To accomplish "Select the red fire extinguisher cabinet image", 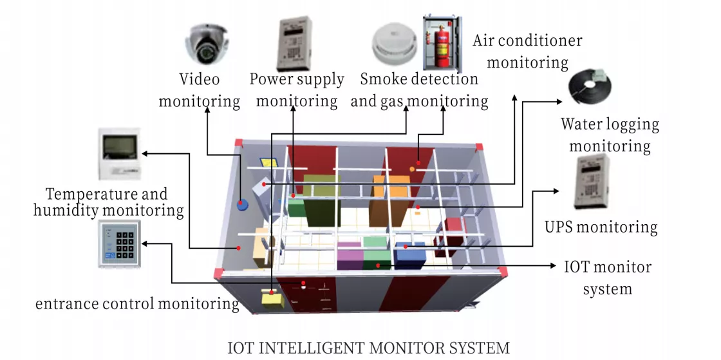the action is pos(442,44).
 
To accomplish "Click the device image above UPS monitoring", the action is pos(592,182).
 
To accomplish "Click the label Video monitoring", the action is pos(200,90).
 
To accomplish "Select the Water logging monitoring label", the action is pos(610,135).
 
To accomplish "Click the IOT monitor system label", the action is pos(608,278).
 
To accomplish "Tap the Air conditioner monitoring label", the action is pos(527,51).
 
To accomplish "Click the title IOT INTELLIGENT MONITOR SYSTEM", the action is pos(369,347).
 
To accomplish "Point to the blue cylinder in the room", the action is pos(242,205).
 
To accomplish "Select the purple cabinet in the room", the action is pos(350,256).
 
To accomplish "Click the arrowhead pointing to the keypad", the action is pos(145,243).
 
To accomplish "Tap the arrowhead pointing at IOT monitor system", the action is pos(554,266).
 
